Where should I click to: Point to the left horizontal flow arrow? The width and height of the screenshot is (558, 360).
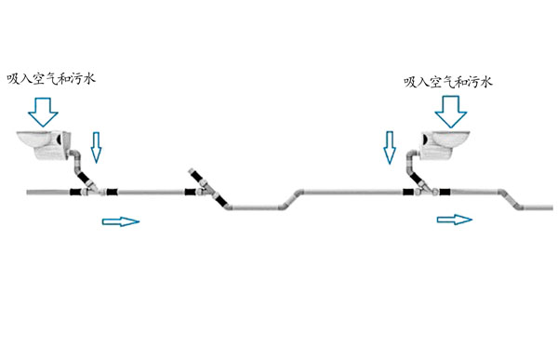pyautogui.click(x=120, y=221)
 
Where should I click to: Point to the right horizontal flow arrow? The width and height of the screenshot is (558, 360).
pyautogui.click(x=455, y=220)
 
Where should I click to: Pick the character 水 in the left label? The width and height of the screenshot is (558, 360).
pyautogui.click(x=87, y=78)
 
